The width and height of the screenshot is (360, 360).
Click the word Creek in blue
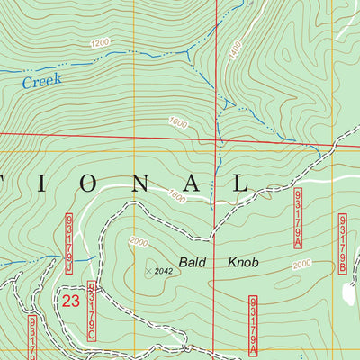point(42,81)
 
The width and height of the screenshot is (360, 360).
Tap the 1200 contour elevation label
point(99,42)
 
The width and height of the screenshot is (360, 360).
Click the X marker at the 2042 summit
point(147,269)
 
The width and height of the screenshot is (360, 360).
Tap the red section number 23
point(73,301)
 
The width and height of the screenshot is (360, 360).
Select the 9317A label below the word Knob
point(254,324)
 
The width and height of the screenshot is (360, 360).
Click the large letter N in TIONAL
point(141,184)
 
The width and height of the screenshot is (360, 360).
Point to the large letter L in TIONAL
point(238,184)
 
